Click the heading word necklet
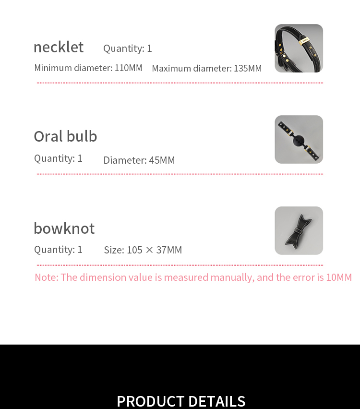tap(59, 47)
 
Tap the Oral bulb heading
tap(65, 136)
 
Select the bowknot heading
tap(64, 228)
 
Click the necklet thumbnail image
tap(299, 48)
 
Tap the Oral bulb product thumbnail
tap(299, 139)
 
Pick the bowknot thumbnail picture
tap(299, 230)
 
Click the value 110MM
tap(128, 68)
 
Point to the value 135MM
tap(248, 68)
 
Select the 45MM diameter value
tap(162, 160)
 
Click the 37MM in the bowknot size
tap(169, 250)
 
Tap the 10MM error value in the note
tap(339, 277)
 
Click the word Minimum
tap(53, 68)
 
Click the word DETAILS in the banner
tap(216, 401)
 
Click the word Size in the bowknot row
tap(113, 250)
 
